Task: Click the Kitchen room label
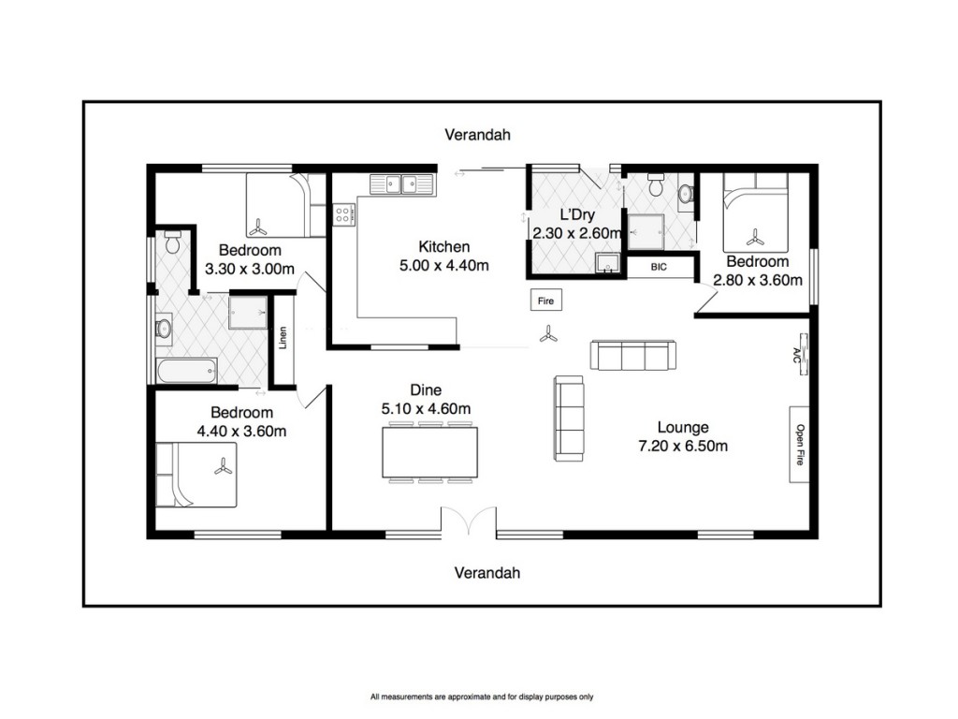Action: click(444, 247)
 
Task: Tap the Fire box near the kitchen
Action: click(545, 301)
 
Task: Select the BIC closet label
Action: click(659, 267)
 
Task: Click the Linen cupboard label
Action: click(283, 337)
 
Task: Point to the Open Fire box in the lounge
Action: click(799, 445)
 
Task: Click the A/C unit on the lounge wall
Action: click(802, 355)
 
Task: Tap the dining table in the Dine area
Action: click(430, 452)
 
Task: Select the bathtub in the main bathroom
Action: click(186, 371)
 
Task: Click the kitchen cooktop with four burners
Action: click(342, 214)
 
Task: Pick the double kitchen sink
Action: click(401, 184)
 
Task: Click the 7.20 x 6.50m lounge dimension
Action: click(683, 447)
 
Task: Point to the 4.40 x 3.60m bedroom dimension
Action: click(241, 432)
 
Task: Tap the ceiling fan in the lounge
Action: click(548, 334)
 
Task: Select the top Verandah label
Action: click(477, 135)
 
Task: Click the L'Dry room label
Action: click(577, 214)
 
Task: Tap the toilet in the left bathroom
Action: click(172, 242)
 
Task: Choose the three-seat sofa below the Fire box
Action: click(633, 355)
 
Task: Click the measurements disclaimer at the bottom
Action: click(482, 697)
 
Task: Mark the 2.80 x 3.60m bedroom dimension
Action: click(758, 281)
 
